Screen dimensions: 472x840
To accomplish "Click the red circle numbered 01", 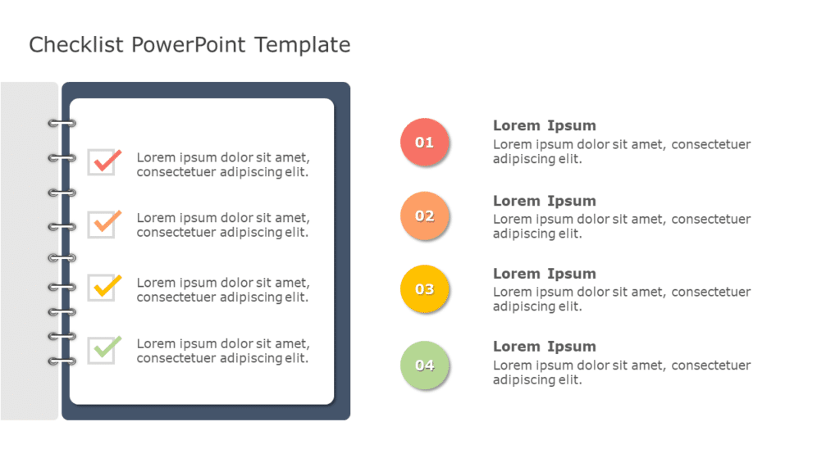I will click(424, 142).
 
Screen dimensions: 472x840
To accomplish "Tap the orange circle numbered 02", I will click(424, 216).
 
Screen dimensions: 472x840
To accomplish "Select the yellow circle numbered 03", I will click(424, 289).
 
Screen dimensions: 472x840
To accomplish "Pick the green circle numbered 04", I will click(424, 365).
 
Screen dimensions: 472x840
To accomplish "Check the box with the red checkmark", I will click(103, 162).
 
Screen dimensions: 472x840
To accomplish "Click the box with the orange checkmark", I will click(103, 225).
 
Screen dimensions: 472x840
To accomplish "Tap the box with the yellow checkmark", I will click(103, 288).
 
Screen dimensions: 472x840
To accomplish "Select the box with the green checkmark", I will click(103, 350).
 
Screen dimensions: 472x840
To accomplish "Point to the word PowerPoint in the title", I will click(188, 45).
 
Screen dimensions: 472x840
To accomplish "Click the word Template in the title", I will click(303, 45).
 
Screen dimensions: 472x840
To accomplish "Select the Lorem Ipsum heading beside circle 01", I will click(544, 125).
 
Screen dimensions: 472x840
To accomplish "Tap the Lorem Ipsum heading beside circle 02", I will click(544, 201).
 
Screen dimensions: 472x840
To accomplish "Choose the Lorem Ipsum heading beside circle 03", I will click(544, 274).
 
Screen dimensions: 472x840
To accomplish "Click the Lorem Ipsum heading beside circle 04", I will click(544, 347).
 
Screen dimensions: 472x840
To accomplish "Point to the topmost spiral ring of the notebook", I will click(62, 124).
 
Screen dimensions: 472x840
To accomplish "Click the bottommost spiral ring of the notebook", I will click(62, 361).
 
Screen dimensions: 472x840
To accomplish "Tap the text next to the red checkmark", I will click(222, 165).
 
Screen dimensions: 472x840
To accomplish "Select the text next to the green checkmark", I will click(222, 351).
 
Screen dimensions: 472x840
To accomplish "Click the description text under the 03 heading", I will click(621, 299).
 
